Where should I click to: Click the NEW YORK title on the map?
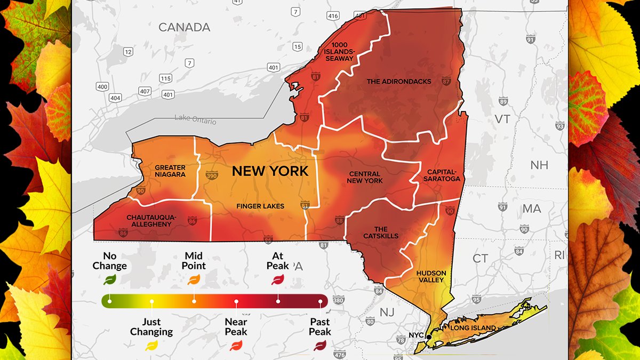click(270, 171)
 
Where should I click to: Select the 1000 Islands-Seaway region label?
click(342, 51)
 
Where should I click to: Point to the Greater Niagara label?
click(170, 171)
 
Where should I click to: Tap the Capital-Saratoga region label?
click(443, 175)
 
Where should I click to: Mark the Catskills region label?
click(381, 233)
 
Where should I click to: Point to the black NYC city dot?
click(429, 337)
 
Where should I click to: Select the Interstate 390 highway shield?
click(212, 174)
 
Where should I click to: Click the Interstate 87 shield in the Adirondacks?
click(446, 82)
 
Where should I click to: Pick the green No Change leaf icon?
click(110, 279)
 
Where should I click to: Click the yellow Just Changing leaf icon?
click(151, 346)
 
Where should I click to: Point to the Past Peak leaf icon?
click(320, 346)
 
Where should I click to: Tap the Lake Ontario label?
click(195, 120)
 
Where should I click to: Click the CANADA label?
click(184, 27)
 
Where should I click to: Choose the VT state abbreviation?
click(502, 119)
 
